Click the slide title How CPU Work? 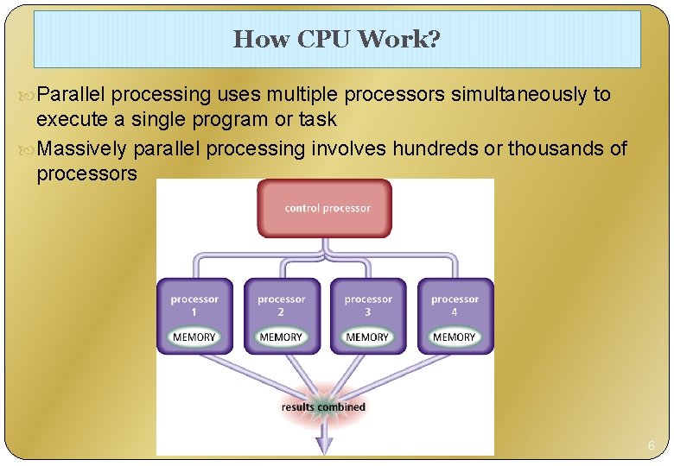pos(336,39)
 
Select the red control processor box pos(324,207)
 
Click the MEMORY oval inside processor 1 pos(194,337)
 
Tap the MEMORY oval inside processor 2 pos(281,337)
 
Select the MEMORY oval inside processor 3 pos(367,337)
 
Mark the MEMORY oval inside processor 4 pos(455,337)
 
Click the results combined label pos(324,406)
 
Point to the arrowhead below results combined pos(324,444)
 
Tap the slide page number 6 pos(651,446)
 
